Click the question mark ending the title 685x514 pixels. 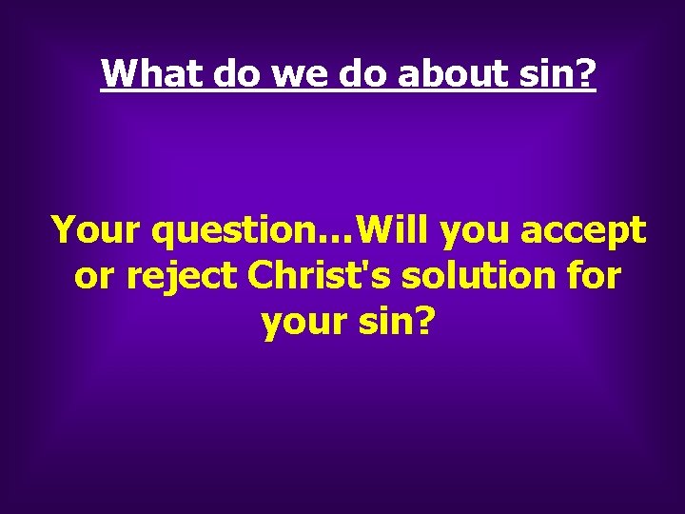[584, 73]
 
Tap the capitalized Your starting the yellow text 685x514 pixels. [96, 229]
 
